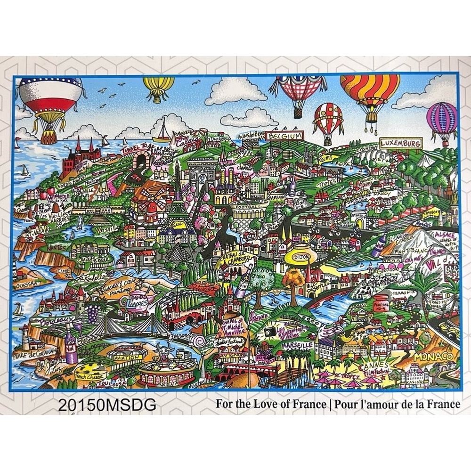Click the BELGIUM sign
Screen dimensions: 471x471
click(285, 136)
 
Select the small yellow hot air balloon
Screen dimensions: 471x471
click(158, 88)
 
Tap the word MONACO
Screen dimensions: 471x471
click(432, 357)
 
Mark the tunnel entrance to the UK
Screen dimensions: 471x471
click(140, 163)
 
